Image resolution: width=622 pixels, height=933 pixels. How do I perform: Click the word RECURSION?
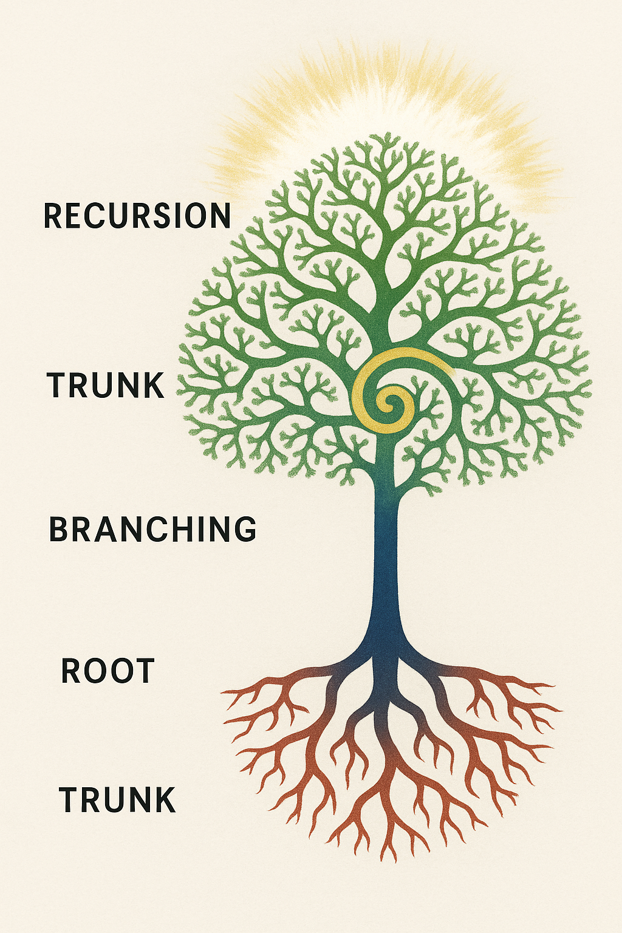[137, 216]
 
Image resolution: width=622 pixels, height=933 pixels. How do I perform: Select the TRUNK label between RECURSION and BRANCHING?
[106, 385]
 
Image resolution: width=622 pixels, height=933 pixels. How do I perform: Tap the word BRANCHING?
[152, 529]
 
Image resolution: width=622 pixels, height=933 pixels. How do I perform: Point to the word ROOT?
[108, 671]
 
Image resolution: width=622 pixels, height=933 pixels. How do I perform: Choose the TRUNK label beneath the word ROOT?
[117, 799]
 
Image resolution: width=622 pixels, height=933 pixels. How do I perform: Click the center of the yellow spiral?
[389, 402]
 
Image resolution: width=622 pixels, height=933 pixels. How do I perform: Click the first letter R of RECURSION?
[53, 216]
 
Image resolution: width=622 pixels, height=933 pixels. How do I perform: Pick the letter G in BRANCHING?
[244, 529]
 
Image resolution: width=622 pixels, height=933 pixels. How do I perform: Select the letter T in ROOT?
[145, 671]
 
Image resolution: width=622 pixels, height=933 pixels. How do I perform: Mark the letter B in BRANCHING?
[59, 529]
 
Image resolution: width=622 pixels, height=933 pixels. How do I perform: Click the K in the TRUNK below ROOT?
[164, 799]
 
